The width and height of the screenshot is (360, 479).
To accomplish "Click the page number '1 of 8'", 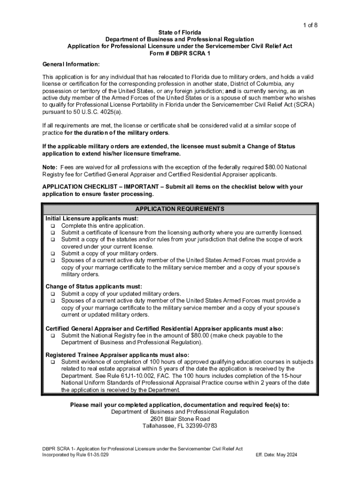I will click(310, 25).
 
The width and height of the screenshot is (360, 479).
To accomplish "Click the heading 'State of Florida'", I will click(180, 32).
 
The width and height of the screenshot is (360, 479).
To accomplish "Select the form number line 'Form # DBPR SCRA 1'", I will click(180, 53).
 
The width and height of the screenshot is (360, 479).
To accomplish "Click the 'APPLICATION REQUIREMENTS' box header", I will click(180, 209).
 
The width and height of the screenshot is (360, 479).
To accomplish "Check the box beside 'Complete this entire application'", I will click(53, 226).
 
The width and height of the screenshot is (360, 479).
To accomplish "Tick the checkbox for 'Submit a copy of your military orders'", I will click(53, 254).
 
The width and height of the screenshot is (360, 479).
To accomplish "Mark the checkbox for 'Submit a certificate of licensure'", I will click(53, 233).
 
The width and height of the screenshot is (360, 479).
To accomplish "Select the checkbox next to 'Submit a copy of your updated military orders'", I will click(53, 294).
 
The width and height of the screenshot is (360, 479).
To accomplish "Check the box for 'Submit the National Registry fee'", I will click(53, 335).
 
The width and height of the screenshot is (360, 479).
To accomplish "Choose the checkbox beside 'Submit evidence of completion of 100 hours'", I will click(53, 362).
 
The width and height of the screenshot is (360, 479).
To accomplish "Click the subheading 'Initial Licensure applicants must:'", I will click(92, 218).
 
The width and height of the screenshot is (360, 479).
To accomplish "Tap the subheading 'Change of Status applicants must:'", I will click(94, 286).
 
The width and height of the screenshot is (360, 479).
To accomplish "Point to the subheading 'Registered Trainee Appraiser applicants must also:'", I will click(117, 355).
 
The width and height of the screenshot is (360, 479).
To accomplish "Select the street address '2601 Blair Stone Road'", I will click(180, 419).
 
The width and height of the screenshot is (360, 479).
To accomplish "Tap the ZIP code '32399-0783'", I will click(200, 426).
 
